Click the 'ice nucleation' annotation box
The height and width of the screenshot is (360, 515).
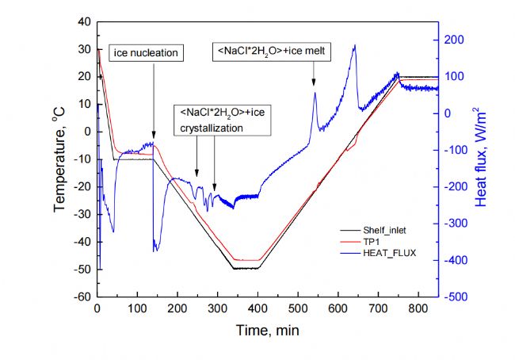(x=145, y=53)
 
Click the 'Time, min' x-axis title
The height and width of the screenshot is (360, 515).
(x=268, y=327)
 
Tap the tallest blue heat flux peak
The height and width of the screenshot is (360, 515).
(x=354, y=46)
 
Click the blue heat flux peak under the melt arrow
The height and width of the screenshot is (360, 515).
(x=315, y=94)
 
